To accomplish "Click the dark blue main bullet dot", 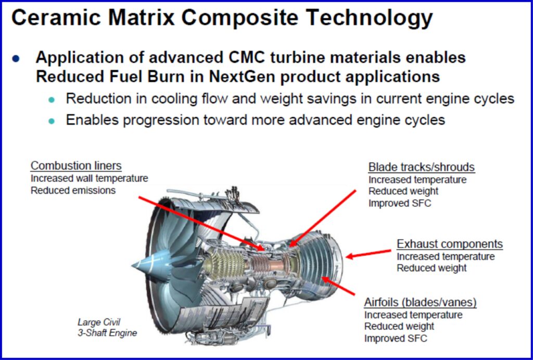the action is click(x=16, y=58).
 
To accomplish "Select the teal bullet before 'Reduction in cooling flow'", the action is click(x=52, y=100).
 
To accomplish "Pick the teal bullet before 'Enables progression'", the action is click(x=52, y=121).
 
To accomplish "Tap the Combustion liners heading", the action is click(x=76, y=166).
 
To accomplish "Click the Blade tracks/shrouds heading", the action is click(x=422, y=167).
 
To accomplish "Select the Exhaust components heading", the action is click(x=450, y=244).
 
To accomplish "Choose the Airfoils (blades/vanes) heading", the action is click(x=420, y=303).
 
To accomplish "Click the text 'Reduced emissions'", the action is click(x=73, y=190).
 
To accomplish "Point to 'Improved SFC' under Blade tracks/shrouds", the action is click(x=400, y=203).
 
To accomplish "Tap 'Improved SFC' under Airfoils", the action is click(x=396, y=338).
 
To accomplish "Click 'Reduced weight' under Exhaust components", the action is click(x=432, y=268).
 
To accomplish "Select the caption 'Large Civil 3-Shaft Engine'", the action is click(x=107, y=327).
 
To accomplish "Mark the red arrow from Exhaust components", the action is click(x=369, y=254).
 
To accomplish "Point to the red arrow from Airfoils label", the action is click(x=338, y=285).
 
